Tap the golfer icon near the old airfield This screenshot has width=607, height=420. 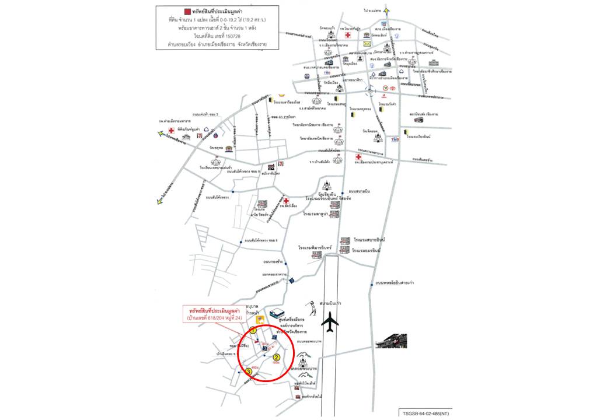coord(311,307)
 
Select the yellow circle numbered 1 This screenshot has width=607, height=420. coord(253,331)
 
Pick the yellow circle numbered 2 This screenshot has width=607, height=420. coord(277,358)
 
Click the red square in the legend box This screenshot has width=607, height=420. coord(187,11)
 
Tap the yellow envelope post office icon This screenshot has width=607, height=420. coord(367,44)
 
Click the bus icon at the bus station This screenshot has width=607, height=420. coord(418,120)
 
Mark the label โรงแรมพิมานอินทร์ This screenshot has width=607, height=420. coord(315,247)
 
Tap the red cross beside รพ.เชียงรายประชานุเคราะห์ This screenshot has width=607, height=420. coord(358,157)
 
